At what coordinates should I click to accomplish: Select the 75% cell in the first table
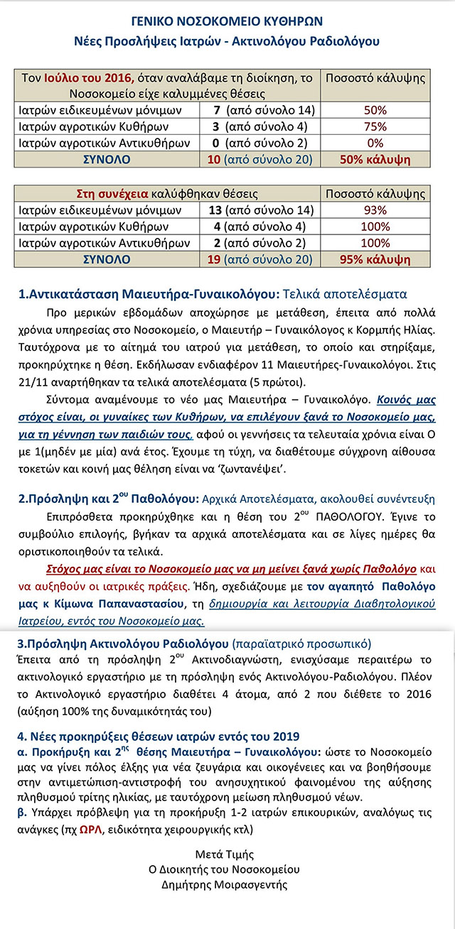pyautogui.click(x=375, y=126)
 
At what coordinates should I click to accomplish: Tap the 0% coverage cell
pyautogui.click(x=375, y=143)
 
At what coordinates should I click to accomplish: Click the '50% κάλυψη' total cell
pyautogui.click(x=375, y=159)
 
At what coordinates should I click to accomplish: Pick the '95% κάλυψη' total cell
pyautogui.click(x=375, y=259)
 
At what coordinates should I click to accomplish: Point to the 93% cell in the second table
pyautogui.click(x=375, y=210)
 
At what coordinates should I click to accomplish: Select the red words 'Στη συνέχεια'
pyautogui.click(x=105, y=193)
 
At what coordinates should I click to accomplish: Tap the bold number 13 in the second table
pyautogui.click(x=213, y=210)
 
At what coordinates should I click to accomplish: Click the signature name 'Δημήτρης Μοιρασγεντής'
pyautogui.click(x=227, y=885)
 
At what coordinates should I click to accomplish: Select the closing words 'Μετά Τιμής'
pyautogui.click(x=227, y=854)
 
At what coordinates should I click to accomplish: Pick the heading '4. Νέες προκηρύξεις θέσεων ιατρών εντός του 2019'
pyautogui.click(x=158, y=735)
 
